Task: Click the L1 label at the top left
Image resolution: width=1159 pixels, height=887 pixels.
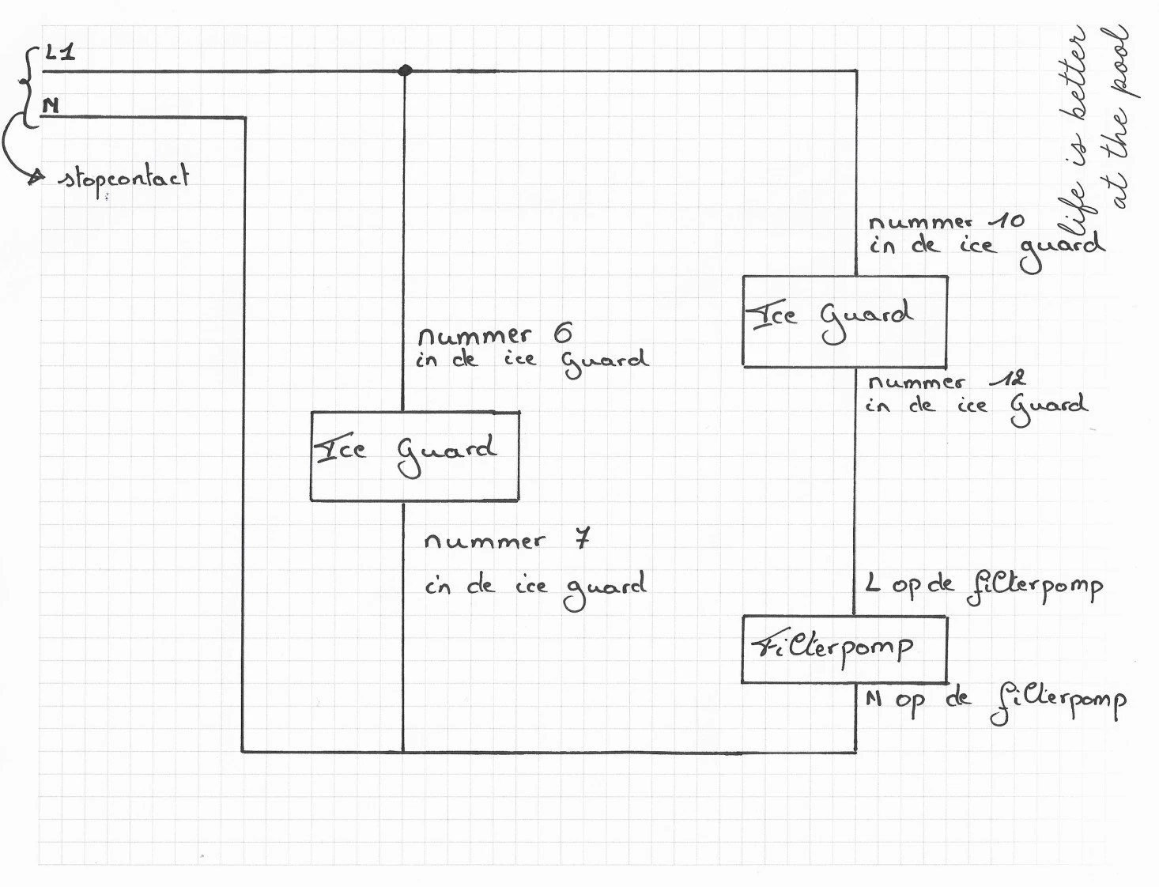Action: [60, 54]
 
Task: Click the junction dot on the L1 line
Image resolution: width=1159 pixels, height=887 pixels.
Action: [405, 70]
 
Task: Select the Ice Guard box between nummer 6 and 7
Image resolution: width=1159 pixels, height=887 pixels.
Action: [414, 456]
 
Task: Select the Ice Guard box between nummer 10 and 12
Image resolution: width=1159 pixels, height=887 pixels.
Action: [844, 321]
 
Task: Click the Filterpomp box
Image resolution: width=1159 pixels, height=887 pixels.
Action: [844, 650]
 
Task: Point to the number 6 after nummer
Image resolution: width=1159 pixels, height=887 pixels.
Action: [562, 334]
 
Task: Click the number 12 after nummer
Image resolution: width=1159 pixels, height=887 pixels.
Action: [1008, 379]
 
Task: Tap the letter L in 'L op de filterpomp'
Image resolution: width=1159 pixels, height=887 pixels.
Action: [872, 584]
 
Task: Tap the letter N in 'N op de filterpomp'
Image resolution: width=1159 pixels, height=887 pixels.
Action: [873, 699]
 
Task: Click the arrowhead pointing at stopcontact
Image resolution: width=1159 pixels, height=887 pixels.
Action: [36, 178]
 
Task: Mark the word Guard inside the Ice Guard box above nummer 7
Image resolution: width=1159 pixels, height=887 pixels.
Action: [447, 454]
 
